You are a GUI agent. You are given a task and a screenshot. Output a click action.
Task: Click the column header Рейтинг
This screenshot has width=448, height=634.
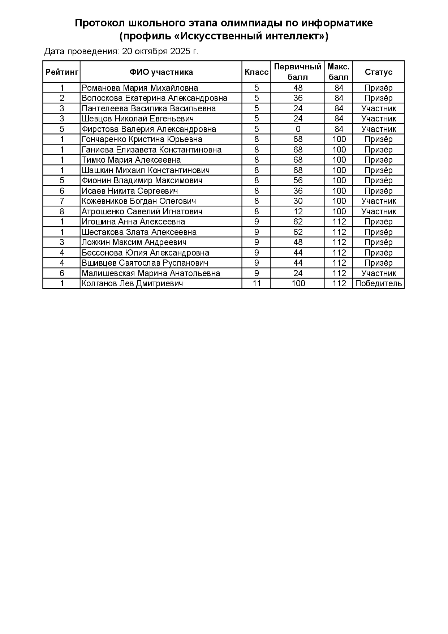62,72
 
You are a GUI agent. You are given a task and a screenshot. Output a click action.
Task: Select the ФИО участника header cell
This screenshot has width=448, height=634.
161,72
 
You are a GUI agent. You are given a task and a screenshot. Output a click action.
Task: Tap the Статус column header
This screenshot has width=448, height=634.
378,72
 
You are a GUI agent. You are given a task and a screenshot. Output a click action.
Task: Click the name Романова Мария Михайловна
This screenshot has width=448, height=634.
140,88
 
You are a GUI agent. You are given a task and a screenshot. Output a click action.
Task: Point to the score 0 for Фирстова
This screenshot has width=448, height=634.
298,129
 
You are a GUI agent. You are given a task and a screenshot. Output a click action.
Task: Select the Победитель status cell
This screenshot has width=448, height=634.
378,283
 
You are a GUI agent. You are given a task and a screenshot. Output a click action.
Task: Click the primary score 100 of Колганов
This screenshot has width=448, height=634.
298,283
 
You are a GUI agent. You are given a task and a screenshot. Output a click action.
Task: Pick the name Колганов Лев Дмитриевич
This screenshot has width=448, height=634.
132,283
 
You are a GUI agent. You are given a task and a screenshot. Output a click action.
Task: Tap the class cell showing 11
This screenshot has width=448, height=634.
257,283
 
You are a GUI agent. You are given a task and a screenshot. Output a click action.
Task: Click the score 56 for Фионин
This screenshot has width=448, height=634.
298,180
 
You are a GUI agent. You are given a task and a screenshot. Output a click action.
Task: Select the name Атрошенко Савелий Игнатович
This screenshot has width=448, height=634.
142,211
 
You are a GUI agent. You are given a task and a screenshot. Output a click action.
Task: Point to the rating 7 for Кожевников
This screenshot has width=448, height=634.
62,201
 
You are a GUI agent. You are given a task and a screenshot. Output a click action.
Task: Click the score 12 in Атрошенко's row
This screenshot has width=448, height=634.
298,211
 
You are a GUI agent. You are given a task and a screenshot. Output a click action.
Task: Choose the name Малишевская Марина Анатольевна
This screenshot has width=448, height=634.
151,273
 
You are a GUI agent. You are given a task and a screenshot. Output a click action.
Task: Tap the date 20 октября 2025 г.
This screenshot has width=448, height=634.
160,51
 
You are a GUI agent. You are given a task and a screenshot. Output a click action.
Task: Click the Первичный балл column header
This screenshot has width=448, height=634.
298,72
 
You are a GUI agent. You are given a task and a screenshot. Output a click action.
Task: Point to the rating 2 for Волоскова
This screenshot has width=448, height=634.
62,98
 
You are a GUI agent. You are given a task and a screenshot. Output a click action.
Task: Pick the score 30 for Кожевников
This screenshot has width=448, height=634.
298,201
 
